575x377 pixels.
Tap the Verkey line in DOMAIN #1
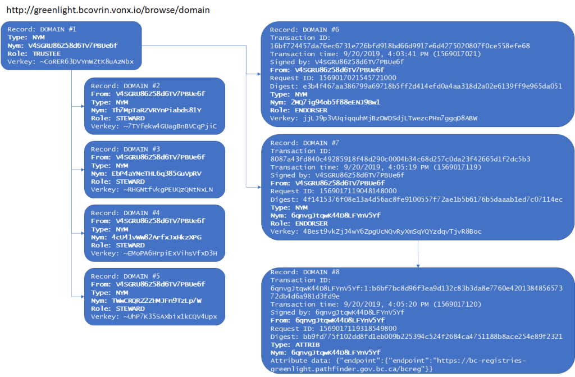coord(71,61)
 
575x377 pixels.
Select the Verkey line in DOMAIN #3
coord(152,189)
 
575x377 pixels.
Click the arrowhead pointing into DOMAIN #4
coord(83,232)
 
